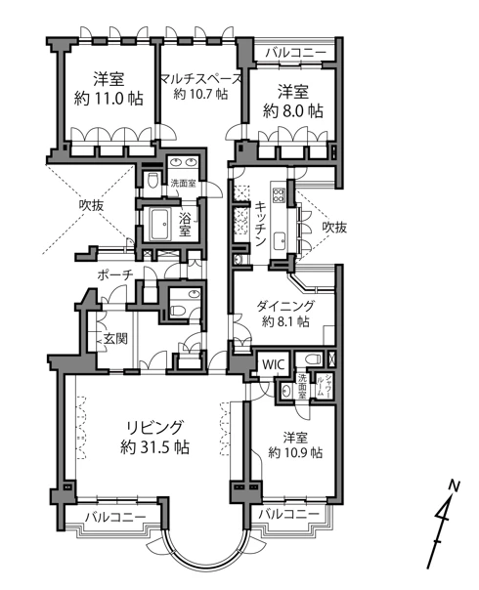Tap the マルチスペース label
coord(201,86)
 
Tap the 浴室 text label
coord(186,224)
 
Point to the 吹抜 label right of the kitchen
coord(334,227)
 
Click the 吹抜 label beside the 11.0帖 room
coord(92,206)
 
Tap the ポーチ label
coord(113,276)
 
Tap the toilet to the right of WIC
coord(308,358)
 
